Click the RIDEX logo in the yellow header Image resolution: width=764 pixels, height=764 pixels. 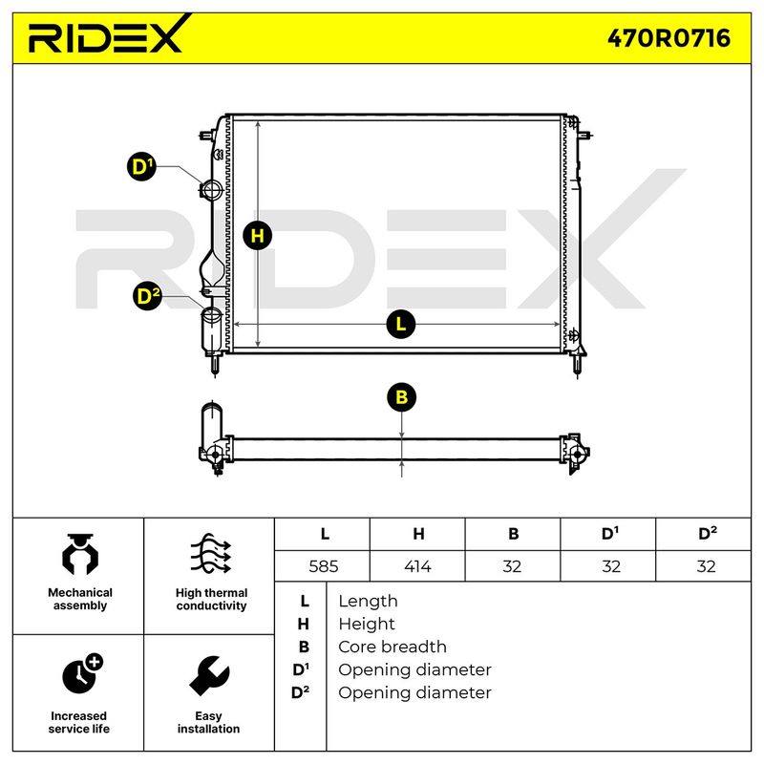point(106,34)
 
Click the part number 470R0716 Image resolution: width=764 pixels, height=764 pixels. point(668,38)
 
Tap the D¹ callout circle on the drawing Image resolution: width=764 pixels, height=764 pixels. point(141,166)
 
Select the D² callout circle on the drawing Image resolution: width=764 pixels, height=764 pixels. point(147,296)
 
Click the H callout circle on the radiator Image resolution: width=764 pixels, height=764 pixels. point(257,236)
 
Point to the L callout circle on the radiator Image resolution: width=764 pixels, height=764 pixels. point(400,324)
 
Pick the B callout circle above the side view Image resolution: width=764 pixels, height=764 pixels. point(401,397)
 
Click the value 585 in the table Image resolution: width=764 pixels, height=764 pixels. point(324,566)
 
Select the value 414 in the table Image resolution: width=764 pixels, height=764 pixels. point(417,566)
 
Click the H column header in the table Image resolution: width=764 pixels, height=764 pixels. point(418,534)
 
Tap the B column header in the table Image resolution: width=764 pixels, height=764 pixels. point(513,534)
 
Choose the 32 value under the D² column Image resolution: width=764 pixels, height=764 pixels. point(706,566)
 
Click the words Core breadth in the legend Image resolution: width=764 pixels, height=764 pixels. point(393,647)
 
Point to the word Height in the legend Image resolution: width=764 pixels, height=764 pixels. point(367,624)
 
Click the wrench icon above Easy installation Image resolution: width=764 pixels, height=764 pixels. point(209,676)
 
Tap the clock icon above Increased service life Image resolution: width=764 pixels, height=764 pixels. point(82,673)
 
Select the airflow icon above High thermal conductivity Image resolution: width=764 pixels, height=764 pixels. point(210,554)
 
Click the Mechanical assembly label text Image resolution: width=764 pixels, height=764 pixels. point(80,599)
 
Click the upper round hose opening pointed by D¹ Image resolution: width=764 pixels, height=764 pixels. point(212,189)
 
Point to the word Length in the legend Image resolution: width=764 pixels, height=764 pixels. point(368,601)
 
